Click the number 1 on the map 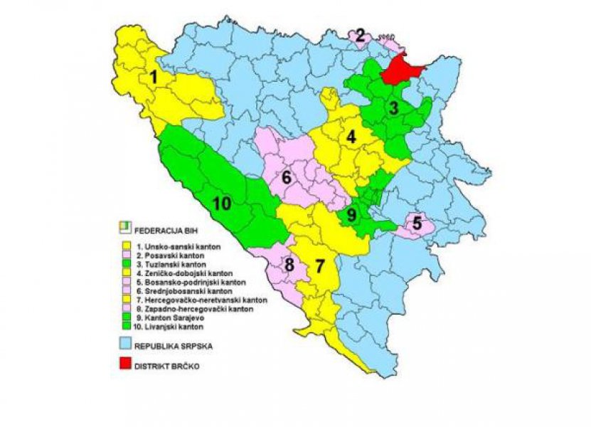153,77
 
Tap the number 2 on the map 361,34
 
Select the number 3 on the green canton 392,109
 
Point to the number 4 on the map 351,137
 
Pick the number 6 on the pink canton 287,177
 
